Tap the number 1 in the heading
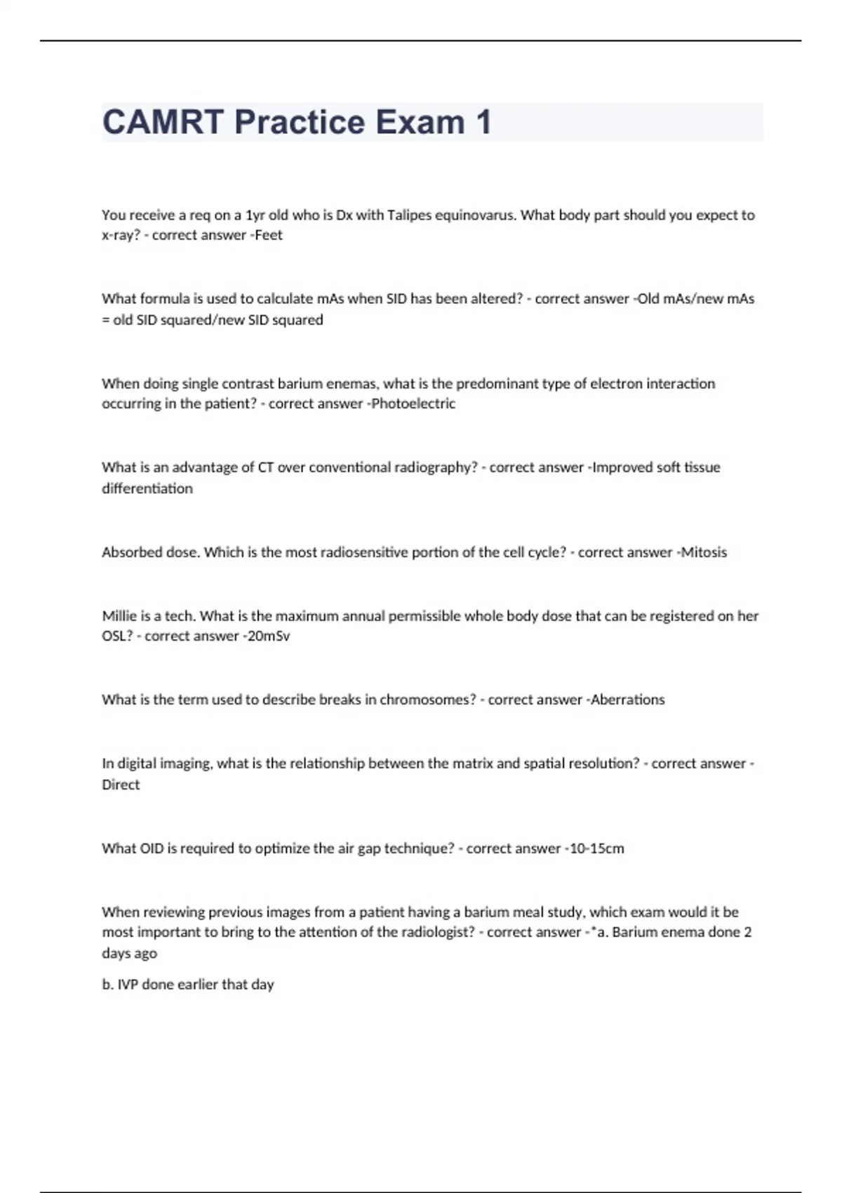point(483,122)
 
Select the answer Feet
point(269,235)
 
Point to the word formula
point(165,299)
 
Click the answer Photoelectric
point(413,404)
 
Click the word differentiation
point(147,488)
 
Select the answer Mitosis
point(704,552)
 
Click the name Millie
point(119,616)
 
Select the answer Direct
point(121,785)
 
